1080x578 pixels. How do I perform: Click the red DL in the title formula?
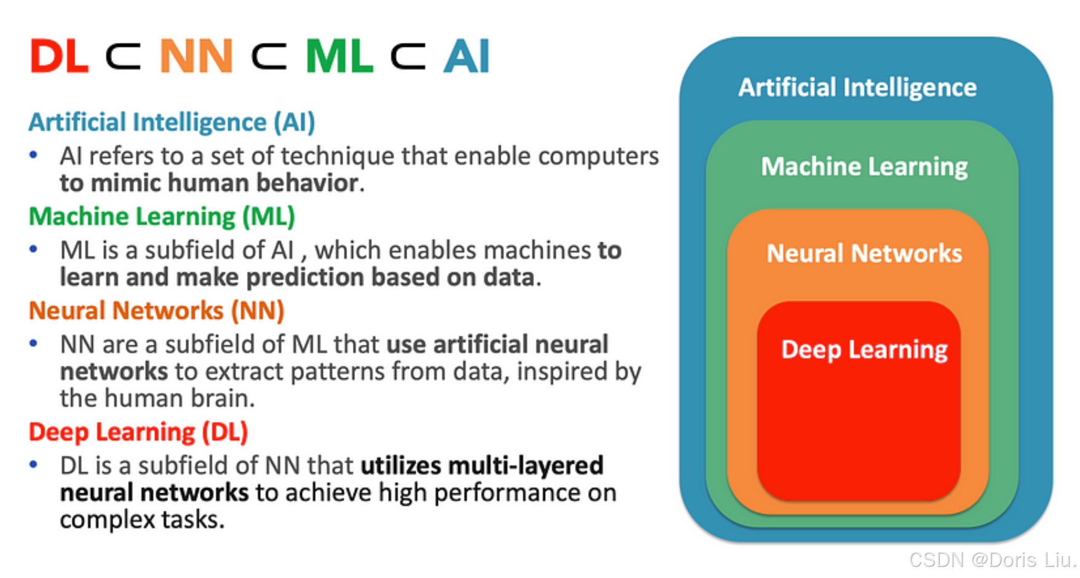pos(59,57)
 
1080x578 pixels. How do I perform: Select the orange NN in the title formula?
pos(196,57)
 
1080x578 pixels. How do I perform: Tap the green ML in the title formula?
pos(339,57)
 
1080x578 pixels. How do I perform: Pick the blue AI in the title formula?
pos(467,57)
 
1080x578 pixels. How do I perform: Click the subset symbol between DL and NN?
pos(124,57)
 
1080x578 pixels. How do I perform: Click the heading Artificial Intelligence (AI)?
pos(172,122)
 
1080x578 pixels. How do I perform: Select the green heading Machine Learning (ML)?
pos(162,216)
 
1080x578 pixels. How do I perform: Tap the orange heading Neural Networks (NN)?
pos(156,311)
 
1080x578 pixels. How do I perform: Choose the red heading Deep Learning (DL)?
pos(138,432)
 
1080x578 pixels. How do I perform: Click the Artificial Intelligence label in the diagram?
pos(857,87)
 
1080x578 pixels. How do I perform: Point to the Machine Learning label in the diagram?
pos(864,167)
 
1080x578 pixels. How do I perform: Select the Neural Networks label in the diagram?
pos(864,253)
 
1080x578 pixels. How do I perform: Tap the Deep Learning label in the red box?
pos(864,349)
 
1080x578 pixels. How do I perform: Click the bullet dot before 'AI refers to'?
pos(34,156)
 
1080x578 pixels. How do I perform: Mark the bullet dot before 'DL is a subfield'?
pos(34,465)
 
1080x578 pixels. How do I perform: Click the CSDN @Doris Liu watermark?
pos(991,560)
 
